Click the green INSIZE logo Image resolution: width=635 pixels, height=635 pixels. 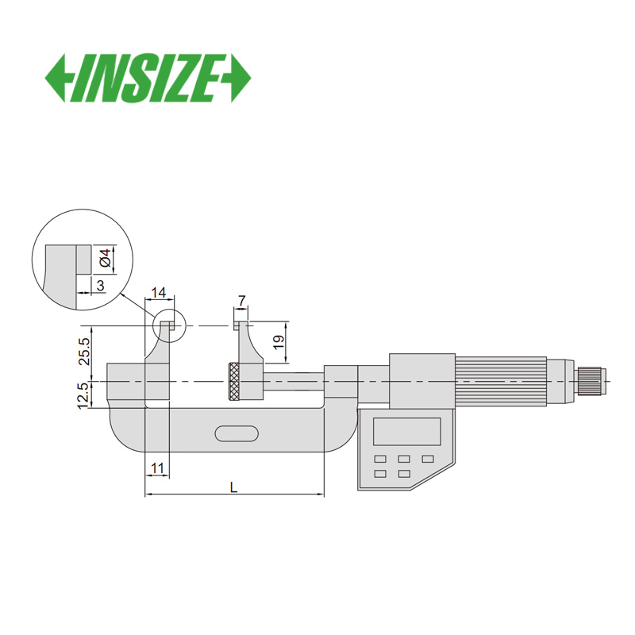[148, 78]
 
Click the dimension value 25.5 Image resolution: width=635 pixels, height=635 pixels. [84, 351]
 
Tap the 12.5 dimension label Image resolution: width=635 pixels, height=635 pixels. [83, 395]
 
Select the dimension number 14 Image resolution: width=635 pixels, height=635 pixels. [158, 292]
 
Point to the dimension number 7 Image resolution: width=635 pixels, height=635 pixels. [241, 301]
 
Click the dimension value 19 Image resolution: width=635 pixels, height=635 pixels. [279, 343]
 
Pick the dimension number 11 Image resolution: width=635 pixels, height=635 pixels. [157, 468]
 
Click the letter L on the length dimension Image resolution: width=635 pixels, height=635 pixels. [233, 487]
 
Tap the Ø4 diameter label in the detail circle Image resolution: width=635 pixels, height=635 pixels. [105, 258]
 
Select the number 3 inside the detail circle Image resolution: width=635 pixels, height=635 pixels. [101, 286]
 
